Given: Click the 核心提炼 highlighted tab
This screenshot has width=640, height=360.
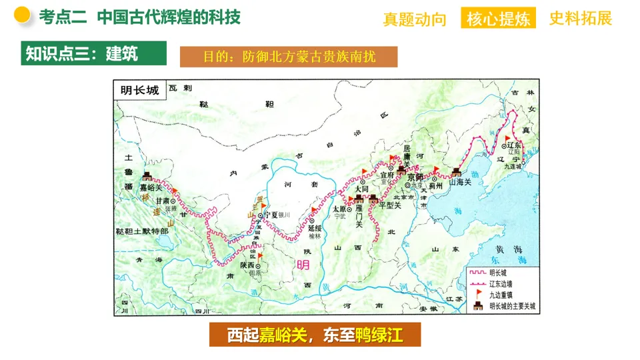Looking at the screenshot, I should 499,19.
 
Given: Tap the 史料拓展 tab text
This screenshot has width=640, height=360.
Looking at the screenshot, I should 581,19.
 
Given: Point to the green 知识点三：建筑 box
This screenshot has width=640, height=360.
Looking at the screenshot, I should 93,53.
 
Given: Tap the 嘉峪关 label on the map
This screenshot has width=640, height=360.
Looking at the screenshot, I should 151,189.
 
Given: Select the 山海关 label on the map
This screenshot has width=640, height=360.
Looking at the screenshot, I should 460,182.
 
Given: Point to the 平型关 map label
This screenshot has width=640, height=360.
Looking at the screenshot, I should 390,205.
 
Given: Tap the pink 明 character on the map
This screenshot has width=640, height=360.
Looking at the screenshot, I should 303,265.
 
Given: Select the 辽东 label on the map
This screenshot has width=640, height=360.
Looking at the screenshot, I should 513,145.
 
